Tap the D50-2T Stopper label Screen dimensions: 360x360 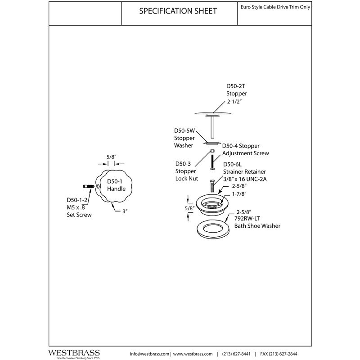tap(237, 90)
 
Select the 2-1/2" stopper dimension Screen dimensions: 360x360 tap(235, 102)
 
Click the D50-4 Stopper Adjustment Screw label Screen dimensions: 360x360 tap(245, 149)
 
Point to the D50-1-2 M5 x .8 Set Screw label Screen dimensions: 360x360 tap(76, 207)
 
